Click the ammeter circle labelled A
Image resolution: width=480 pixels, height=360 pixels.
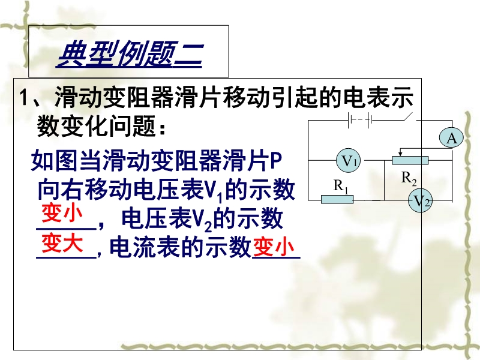coord(451,138)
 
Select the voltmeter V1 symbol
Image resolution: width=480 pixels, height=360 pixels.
coord(349,160)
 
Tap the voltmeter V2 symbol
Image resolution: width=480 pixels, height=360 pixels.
coord(421,201)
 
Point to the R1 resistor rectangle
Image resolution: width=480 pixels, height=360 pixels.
coord(337,200)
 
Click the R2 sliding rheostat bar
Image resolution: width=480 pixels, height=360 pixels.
coord(410,160)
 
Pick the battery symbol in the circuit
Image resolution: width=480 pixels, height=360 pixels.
coord(359,121)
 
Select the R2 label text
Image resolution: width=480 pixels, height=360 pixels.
coord(409,178)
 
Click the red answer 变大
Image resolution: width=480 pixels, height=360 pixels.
coord(62,244)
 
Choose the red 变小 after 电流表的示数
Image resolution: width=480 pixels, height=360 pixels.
coord(274,247)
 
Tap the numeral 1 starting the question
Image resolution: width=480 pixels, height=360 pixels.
coord(24,98)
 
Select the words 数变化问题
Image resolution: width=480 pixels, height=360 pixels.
coord(97,126)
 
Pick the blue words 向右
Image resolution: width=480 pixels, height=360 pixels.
coord(61,190)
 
